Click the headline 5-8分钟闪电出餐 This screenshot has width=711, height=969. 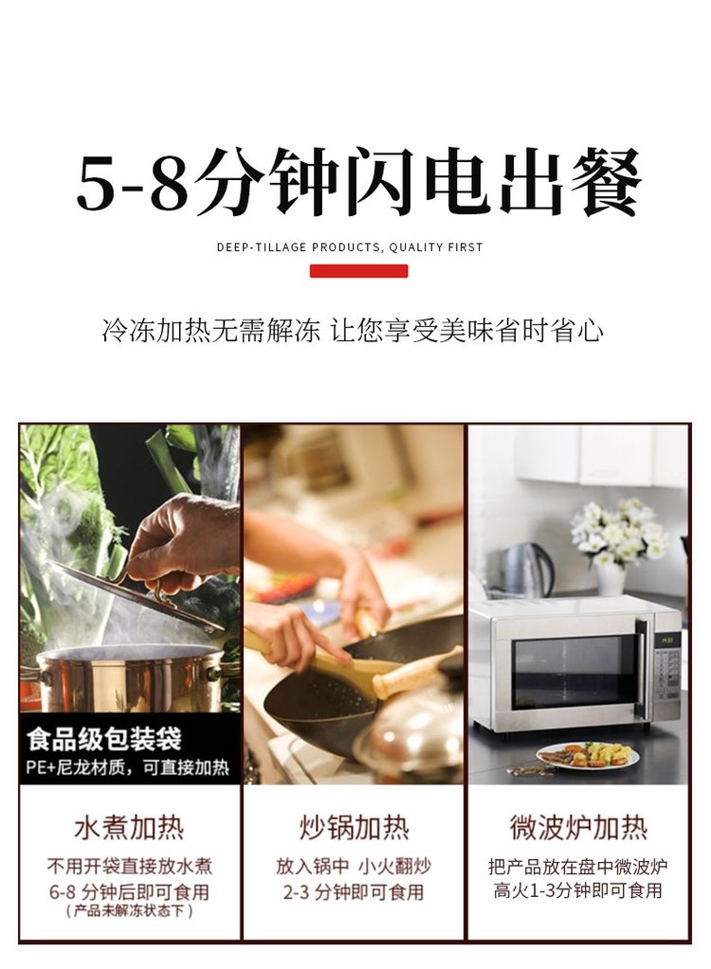click(358, 182)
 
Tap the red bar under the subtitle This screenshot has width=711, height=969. click(358, 271)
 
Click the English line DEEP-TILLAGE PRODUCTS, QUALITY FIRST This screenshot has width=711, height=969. click(350, 247)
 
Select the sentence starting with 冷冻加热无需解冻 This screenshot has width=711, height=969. click(352, 331)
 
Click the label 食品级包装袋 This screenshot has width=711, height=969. click(104, 739)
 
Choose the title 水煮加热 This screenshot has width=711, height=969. click(129, 828)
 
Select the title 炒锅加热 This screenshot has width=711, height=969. click(354, 828)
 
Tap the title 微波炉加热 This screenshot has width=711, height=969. click(578, 828)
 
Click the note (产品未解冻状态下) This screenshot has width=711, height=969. click(129, 911)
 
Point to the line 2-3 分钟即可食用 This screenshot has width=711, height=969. click(354, 892)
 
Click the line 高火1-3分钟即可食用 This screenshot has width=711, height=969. click(577, 890)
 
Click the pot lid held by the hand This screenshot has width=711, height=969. click(133, 593)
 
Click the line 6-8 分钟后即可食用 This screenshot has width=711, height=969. click(129, 892)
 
